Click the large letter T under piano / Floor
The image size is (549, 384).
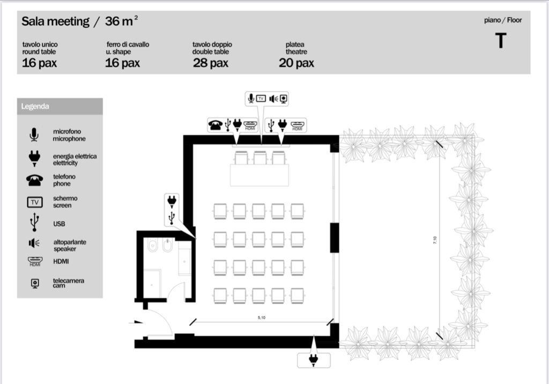(501, 41)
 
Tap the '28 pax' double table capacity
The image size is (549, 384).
(210, 63)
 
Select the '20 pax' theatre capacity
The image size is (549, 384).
(296, 63)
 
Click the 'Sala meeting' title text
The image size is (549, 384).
(55, 21)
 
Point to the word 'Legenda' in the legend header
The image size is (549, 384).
(35, 106)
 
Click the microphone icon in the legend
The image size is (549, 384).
(34, 135)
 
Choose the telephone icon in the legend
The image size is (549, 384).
(35, 180)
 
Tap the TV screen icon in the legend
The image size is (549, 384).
(35, 202)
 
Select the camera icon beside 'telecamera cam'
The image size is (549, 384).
(35, 283)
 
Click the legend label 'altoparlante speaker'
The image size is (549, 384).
(70, 245)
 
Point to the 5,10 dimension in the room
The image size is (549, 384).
(262, 317)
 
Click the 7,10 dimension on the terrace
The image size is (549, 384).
(435, 240)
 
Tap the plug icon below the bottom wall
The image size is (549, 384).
(313, 359)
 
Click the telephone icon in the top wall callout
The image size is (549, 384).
(216, 125)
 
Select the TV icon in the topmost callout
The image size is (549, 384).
(261, 99)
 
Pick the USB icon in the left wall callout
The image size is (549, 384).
(172, 218)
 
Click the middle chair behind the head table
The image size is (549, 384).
(260, 158)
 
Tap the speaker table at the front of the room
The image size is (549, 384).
(259, 175)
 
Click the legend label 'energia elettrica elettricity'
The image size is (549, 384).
(75, 159)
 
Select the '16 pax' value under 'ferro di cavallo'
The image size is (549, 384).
(122, 63)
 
